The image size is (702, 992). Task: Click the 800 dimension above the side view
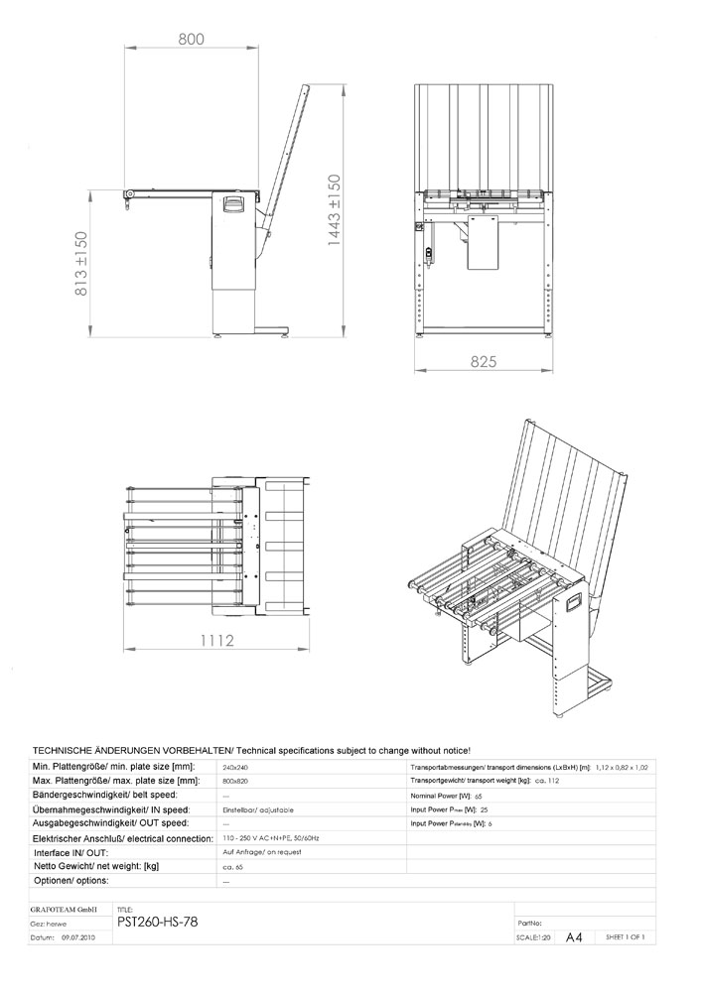(x=191, y=39)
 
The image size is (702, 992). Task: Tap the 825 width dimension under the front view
(x=483, y=362)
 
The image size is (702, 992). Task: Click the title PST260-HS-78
(x=157, y=922)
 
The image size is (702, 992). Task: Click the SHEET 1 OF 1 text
(x=626, y=936)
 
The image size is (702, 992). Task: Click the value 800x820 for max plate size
(x=236, y=782)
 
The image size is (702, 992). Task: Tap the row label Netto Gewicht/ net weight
(x=96, y=866)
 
